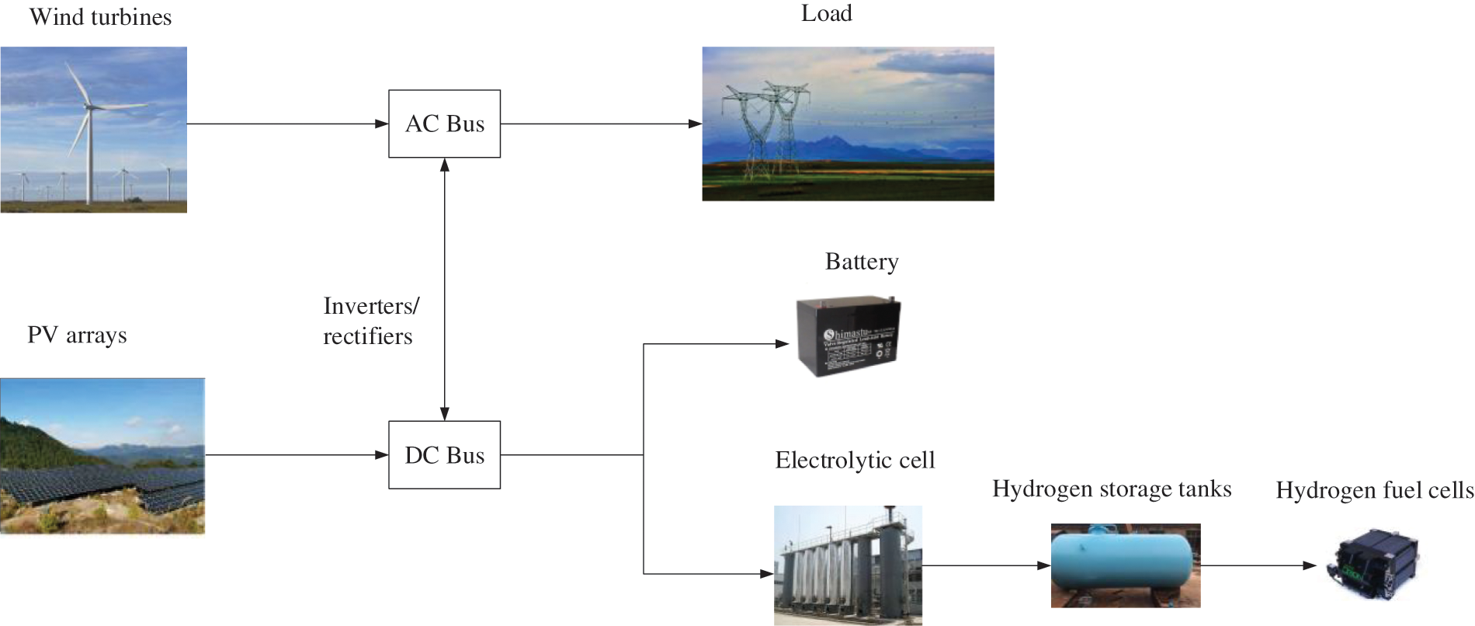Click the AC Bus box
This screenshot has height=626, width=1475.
444,123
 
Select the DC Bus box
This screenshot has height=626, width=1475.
444,455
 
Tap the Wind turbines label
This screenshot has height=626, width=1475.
100,17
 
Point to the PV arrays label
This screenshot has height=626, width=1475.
77,335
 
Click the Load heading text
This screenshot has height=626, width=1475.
826,13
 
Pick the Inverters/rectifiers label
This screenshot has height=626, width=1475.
370,321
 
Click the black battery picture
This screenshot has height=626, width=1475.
848,336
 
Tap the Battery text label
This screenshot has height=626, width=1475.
862,262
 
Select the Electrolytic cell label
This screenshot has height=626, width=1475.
855,460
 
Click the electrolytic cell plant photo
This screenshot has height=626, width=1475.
848,565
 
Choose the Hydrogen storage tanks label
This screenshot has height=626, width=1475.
1112,489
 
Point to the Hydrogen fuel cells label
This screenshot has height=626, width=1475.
1374,490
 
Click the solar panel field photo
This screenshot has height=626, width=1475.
102,456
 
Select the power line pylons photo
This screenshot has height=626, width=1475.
848,123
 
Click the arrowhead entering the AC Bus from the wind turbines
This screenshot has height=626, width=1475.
381,123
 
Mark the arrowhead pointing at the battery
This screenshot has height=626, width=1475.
783,343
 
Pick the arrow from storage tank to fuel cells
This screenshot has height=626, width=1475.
1258,565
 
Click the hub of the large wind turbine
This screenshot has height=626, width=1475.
88,106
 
